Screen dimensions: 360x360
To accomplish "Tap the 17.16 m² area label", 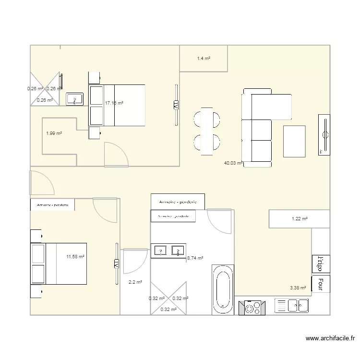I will click(114, 103).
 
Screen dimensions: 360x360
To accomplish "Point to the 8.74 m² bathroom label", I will click(194, 258).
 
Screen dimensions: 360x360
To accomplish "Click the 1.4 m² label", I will click(204, 59).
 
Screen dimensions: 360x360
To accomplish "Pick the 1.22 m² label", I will click(300, 219).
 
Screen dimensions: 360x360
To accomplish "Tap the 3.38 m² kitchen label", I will click(298, 288).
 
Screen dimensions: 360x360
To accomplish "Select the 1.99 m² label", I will click(54, 133).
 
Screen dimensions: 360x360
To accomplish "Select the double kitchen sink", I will click(291, 305).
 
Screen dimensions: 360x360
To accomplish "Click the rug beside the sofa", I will click(294, 141).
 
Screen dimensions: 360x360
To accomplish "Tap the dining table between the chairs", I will click(207, 131).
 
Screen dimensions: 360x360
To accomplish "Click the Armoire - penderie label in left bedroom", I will click(52, 205).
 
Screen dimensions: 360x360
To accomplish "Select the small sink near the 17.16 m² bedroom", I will click(74, 99).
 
